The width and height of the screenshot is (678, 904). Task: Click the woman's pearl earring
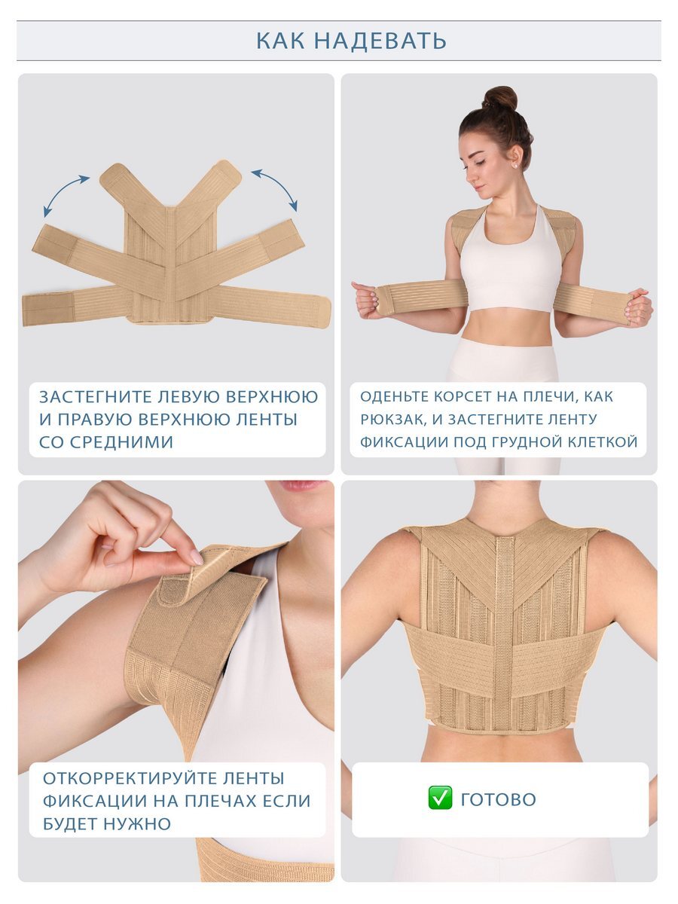coord(515,165)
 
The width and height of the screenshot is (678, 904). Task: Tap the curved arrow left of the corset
coord(66,192)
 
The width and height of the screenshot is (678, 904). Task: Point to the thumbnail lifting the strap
coord(196,557)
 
